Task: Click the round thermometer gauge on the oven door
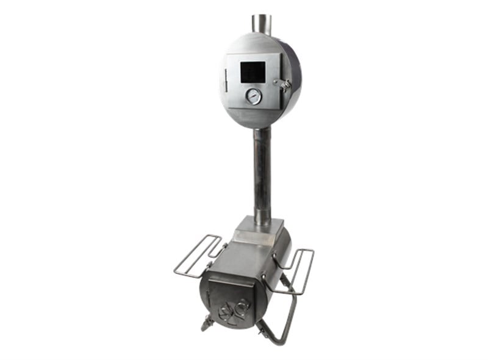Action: (253, 96)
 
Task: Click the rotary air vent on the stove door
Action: (234, 311)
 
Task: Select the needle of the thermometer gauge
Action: (253, 96)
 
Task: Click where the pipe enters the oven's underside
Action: (262, 129)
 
